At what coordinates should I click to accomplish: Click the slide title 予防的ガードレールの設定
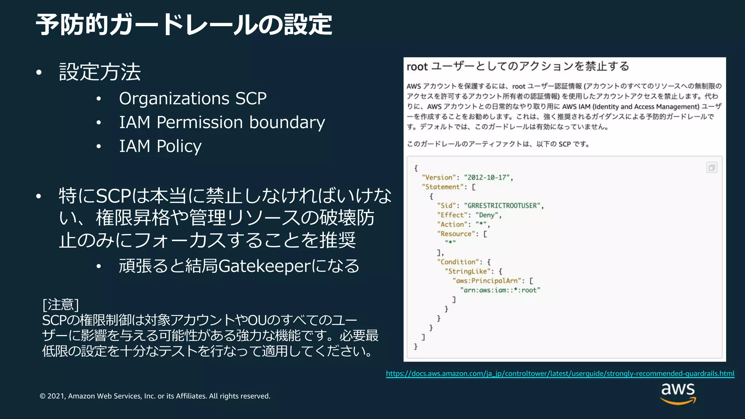(184, 25)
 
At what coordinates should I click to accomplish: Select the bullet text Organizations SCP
(192, 99)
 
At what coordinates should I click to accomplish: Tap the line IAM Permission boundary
(222, 122)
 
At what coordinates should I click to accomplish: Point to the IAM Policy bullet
(160, 146)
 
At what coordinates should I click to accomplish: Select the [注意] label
(60, 304)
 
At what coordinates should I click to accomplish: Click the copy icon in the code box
(712, 168)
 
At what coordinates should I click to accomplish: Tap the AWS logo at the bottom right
(678, 393)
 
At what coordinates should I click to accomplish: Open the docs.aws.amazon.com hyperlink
(560, 374)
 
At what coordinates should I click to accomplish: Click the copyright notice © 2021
(155, 396)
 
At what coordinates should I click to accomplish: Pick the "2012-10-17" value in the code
(487, 177)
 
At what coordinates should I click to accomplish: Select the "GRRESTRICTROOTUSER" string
(502, 206)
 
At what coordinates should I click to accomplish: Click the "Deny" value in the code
(487, 215)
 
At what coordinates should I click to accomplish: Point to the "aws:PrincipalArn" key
(487, 281)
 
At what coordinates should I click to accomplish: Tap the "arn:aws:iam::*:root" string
(500, 290)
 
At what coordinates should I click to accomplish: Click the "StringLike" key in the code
(467, 271)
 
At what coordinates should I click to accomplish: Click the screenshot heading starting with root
(518, 67)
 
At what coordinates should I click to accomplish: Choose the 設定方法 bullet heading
(100, 72)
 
